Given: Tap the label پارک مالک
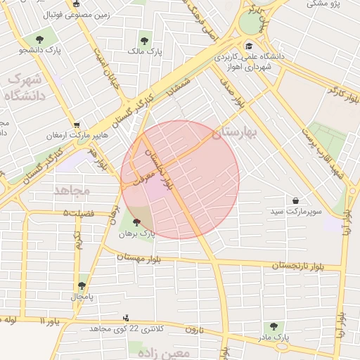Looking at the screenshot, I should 145,51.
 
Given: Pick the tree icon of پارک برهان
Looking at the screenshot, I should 136,222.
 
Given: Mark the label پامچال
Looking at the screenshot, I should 81,297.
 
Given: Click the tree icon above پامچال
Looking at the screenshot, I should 82,285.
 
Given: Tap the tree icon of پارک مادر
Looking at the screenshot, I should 274,327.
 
